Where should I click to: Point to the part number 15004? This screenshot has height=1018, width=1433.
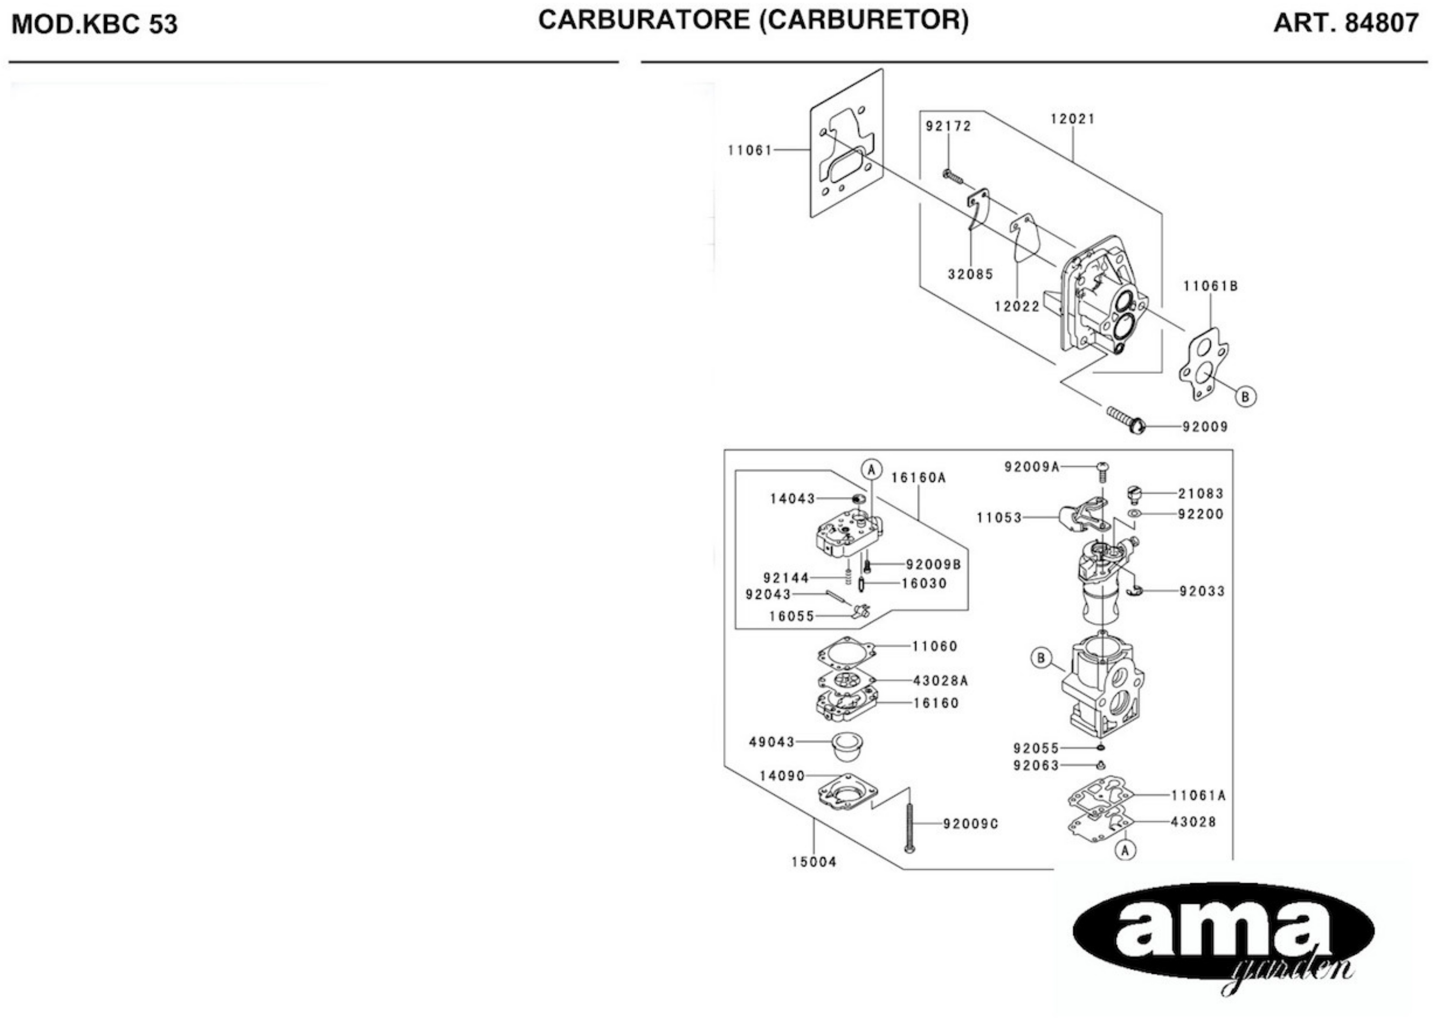click(814, 862)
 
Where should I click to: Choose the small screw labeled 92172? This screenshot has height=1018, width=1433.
click(952, 176)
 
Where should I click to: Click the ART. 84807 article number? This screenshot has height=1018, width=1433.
click(1346, 23)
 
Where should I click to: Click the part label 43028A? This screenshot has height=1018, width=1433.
click(940, 681)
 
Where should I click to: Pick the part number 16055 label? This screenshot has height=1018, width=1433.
click(792, 616)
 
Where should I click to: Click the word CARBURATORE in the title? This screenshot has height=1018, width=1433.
click(643, 20)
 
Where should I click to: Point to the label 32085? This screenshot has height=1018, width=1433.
click(970, 274)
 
